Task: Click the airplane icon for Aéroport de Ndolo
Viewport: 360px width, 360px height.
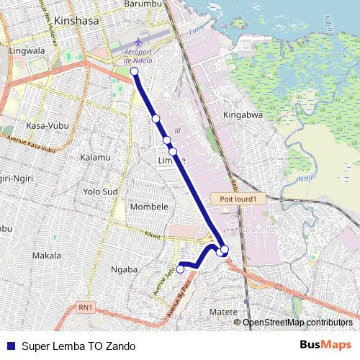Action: pos(138,40)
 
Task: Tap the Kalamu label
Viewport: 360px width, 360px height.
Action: pos(95,156)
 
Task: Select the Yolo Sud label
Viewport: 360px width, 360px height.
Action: pos(100,192)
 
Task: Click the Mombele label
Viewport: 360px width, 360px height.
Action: pos(148,207)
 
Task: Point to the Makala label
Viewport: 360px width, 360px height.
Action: pos(47,255)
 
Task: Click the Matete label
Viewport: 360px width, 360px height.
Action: pos(223,312)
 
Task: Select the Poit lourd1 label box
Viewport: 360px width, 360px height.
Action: pos(238,198)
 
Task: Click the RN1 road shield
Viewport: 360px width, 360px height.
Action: pos(86,307)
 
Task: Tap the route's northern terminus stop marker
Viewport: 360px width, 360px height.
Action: pos(134,71)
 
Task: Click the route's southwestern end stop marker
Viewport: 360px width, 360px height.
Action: pos(180,269)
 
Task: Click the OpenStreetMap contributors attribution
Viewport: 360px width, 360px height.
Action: pos(297,322)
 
